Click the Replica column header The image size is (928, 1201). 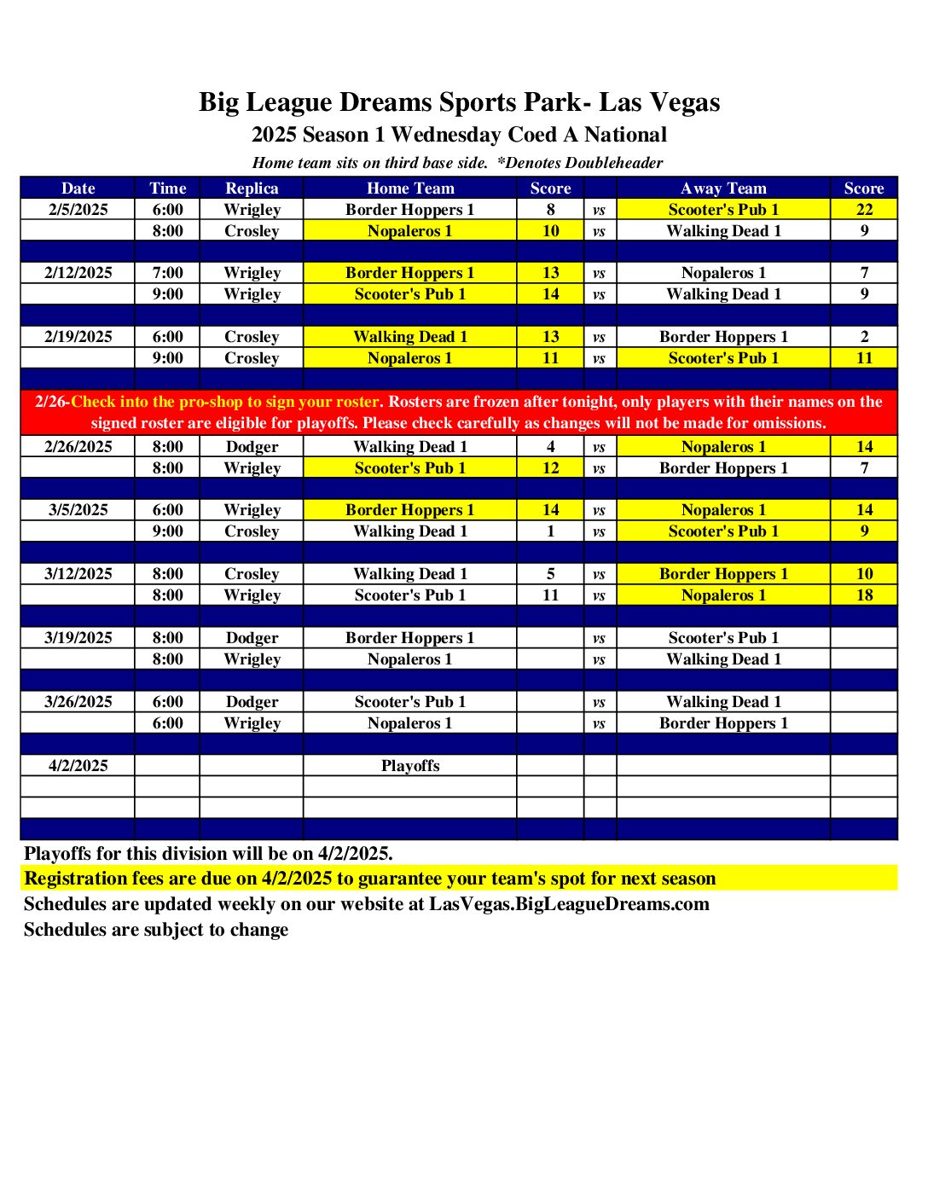pyautogui.click(x=252, y=189)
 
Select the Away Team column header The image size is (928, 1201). pyautogui.click(x=723, y=189)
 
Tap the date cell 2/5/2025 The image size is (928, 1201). pyautogui.click(x=78, y=210)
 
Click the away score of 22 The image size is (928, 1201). pyautogui.click(x=864, y=210)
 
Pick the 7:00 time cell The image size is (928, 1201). pyautogui.click(x=167, y=273)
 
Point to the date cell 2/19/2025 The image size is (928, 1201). pyautogui.click(x=78, y=337)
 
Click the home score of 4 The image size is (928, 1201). pyautogui.click(x=550, y=447)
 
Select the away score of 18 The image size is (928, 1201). pyautogui.click(x=864, y=595)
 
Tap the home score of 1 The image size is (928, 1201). pyautogui.click(x=550, y=531)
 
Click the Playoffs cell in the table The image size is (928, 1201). pyautogui.click(x=410, y=766)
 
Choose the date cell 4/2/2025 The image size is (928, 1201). pyautogui.click(x=78, y=766)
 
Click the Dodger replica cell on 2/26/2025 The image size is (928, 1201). pyautogui.click(x=252, y=447)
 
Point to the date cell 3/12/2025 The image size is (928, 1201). pyautogui.click(x=78, y=574)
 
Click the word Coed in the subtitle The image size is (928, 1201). pyautogui.click(x=532, y=135)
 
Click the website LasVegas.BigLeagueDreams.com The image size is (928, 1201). pyautogui.click(x=569, y=904)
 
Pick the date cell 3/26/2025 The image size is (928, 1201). pyautogui.click(x=78, y=702)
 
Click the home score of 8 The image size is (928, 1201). pyautogui.click(x=550, y=210)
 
